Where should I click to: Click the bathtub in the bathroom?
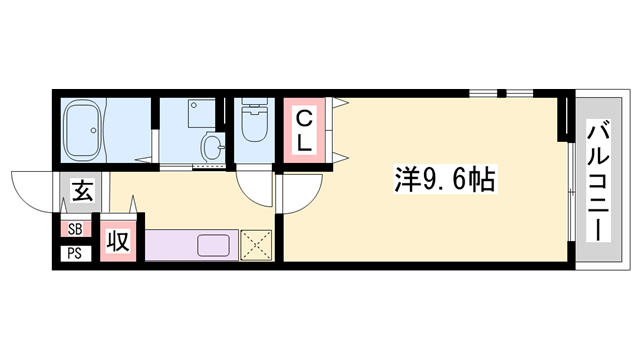[x=83, y=129]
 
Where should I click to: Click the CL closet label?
[x=305, y=129]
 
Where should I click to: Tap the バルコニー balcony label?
[x=597, y=180]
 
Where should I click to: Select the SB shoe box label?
[x=74, y=229]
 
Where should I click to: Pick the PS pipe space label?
[x=74, y=252]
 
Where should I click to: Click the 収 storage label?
[x=118, y=240]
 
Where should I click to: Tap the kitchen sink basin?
[x=215, y=245]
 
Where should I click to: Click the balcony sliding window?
[x=571, y=180]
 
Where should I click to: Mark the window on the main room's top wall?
[x=502, y=93]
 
